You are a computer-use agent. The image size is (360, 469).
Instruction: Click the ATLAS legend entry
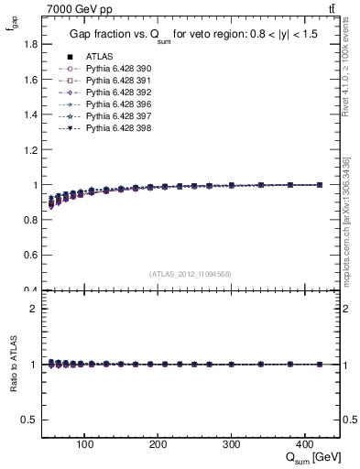[x=99, y=56]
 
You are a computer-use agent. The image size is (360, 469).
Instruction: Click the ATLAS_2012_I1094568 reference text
[x=190, y=274]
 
